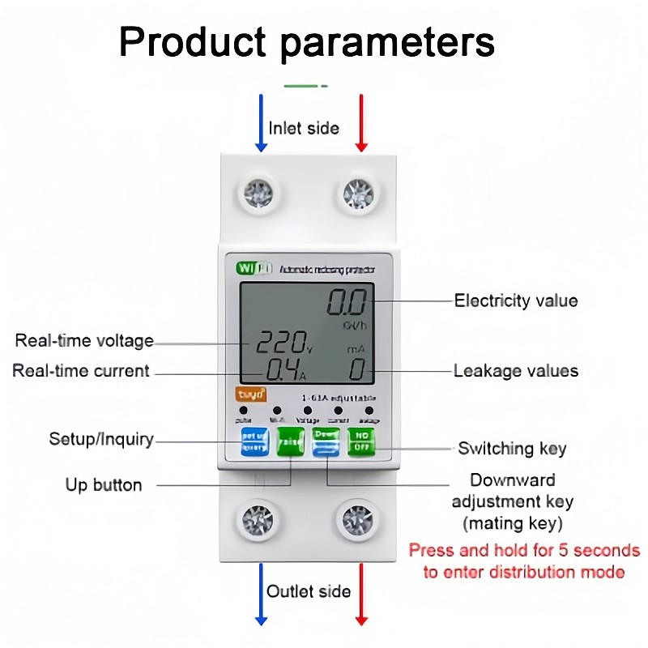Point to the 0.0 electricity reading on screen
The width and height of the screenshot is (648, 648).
pos(346,305)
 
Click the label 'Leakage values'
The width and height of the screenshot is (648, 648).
pos(516,371)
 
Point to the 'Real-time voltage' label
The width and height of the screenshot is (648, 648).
pos(84,341)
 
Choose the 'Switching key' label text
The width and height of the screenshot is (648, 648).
pos(512,448)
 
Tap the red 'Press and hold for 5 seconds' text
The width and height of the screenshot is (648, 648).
pos(524,551)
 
